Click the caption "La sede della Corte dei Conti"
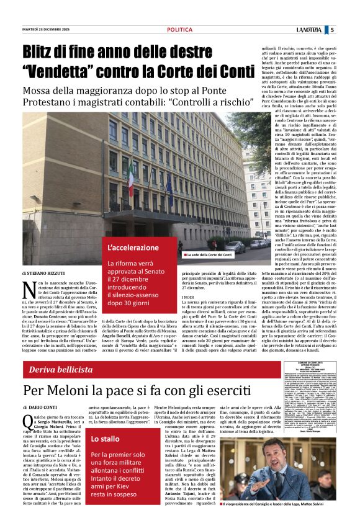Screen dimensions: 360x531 coord(210,254)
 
